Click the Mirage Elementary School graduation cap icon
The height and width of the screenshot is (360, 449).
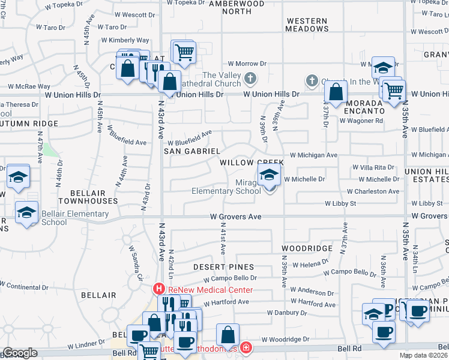(269, 176)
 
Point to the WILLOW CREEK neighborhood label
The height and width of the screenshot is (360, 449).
(250, 163)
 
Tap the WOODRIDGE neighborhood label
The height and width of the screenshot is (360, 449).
(307, 248)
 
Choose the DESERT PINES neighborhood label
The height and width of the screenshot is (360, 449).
(223, 266)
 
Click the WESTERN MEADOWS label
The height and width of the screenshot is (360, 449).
(307, 25)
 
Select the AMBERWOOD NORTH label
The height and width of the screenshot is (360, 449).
(238, 7)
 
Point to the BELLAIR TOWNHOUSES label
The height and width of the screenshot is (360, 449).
(88, 197)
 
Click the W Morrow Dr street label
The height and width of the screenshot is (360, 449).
(247, 64)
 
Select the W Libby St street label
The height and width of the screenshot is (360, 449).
(340, 204)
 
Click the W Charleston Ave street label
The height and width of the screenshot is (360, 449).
(373, 192)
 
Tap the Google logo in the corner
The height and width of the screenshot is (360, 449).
(20, 353)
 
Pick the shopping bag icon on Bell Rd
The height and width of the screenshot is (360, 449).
(228, 335)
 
